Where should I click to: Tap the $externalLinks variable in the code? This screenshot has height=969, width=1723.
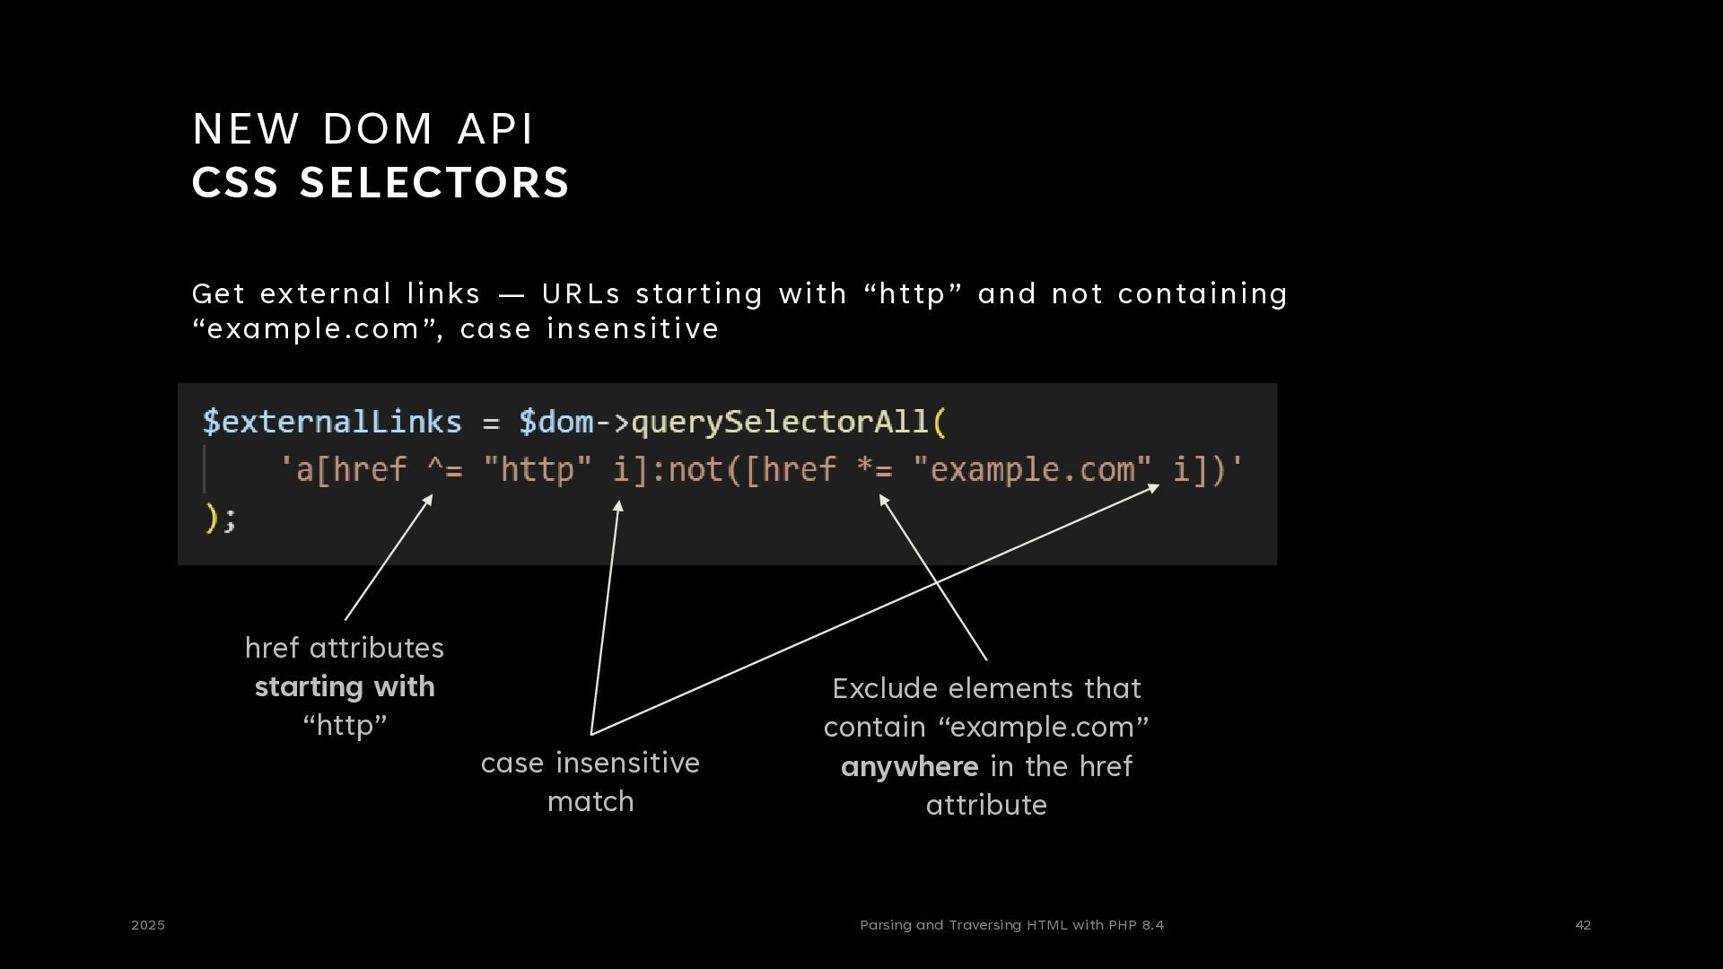(x=332, y=422)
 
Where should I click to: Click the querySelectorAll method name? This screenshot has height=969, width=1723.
(x=780, y=422)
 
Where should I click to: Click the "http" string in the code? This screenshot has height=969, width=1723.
(x=537, y=469)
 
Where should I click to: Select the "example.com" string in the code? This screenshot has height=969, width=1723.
(x=1031, y=469)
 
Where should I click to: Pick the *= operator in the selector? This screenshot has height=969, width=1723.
(x=874, y=469)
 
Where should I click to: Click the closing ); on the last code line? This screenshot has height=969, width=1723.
(x=221, y=518)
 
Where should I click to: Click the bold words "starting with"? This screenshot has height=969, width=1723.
(x=345, y=687)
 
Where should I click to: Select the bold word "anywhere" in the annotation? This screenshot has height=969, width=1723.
(x=909, y=767)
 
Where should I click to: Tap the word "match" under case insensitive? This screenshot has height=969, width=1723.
(x=590, y=801)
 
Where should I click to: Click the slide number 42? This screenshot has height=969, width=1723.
(x=1583, y=925)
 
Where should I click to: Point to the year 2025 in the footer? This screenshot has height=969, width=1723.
(x=148, y=925)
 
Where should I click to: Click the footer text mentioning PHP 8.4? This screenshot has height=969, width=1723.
(x=1011, y=925)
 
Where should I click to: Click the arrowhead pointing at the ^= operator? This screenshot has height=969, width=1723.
(x=429, y=499)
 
